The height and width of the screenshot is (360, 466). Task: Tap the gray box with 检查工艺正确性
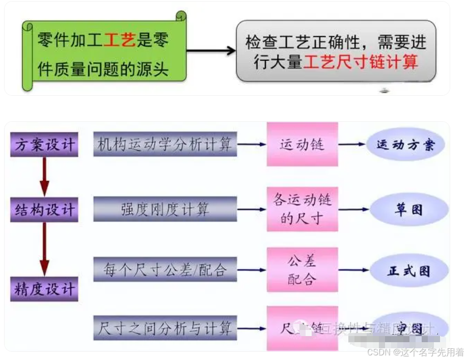pos(336,51)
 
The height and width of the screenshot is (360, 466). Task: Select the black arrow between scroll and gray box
pos(211,50)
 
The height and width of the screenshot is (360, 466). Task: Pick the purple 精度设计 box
pos(44,289)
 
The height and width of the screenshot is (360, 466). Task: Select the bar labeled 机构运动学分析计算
pos(165,145)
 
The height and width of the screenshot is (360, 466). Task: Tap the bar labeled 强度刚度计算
pos(165,209)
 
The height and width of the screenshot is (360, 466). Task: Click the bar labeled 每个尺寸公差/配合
pos(165,269)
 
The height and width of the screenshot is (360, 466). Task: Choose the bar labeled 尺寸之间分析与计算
pos(165,327)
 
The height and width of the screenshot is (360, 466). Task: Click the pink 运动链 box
pos(302,145)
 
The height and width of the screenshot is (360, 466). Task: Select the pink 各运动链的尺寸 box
pos(302,209)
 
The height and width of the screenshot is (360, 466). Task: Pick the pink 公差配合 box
pos(302,270)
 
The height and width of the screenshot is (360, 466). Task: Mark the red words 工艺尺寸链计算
pos(361,62)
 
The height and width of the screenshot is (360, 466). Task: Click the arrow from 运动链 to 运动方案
pos(352,145)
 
